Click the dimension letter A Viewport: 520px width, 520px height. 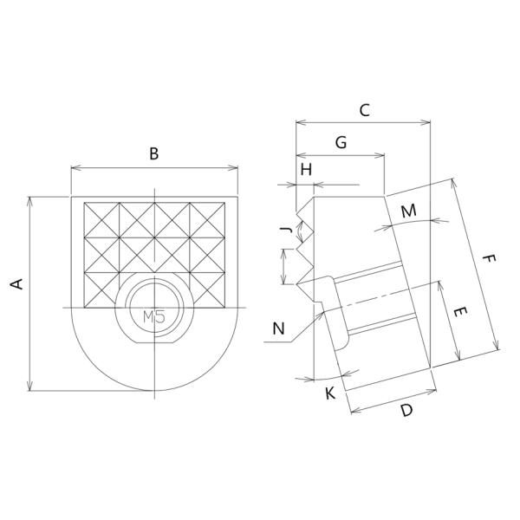pyautogui.click(x=16, y=283)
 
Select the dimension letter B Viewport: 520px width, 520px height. pyautogui.click(x=153, y=154)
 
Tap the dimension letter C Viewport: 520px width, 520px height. pyautogui.click(x=364, y=110)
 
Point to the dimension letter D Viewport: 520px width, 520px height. pyautogui.click(x=406, y=412)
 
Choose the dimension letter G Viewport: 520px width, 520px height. pyautogui.click(x=341, y=142)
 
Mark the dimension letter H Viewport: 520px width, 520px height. pyautogui.click(x=305, y=170)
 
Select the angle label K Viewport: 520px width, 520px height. pyautogui.click(x=329, y=394)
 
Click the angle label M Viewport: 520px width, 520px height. pyautogui.click(x=409, y=211)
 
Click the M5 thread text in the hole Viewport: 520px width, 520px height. pyautogui.click(x=153, y=317)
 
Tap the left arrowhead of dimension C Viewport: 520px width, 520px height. pyautogui.click(x=299, y=123)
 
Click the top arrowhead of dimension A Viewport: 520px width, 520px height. pyautogui.click(x=31, y=200)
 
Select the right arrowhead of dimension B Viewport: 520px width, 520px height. pyautogui.click(x=234, y=167)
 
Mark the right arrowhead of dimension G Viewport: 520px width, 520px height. pyautogui.click(x=381, y=156)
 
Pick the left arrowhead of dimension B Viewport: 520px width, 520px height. pyautogui.click(x=73, y=167)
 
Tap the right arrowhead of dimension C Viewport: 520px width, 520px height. pyautogui.click(x=428, y=123)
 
